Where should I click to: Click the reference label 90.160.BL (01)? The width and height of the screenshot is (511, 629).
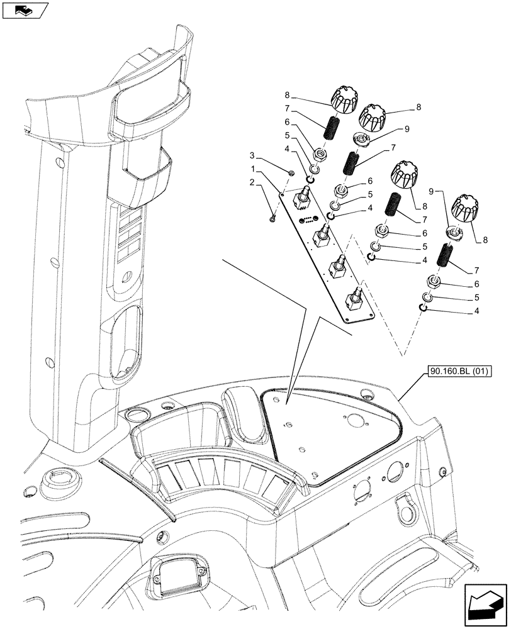point(462,372)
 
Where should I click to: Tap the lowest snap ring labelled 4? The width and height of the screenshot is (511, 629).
point(424,306)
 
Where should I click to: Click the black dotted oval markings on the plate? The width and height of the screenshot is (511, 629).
point(307,220)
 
